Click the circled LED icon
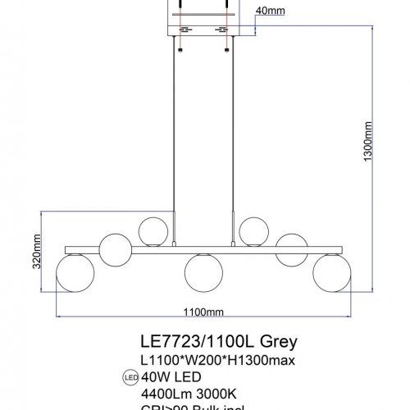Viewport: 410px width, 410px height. tap(130, 377)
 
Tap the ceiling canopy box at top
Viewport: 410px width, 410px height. tap(202, 20)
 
